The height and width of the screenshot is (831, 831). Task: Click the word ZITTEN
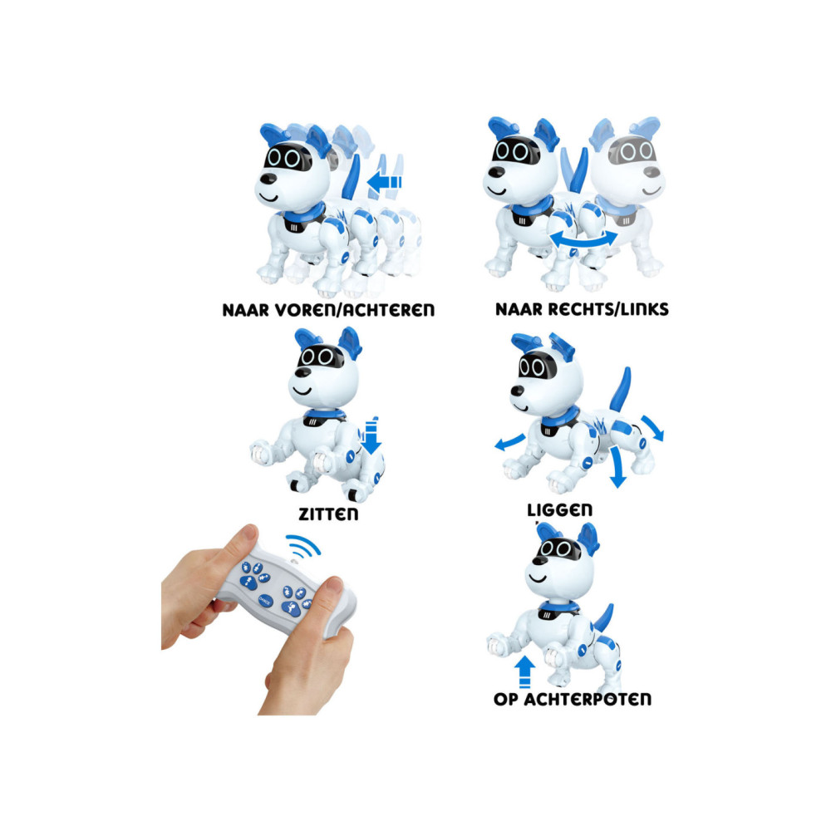click(328, 514)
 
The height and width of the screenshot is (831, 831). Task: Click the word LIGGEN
click(559, 510)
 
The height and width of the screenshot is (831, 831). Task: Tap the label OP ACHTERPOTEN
click(573, 699)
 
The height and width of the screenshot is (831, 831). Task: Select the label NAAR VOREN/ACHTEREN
click(328, 309)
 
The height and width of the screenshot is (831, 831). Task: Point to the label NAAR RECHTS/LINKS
click(582, 309)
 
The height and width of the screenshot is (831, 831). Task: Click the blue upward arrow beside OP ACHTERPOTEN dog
click(524, 671)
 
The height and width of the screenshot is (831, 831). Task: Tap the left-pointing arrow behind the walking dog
click(384, 182)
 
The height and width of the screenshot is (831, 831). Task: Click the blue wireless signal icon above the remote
click(303, 546)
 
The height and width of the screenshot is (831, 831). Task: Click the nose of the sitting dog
click(302, 372)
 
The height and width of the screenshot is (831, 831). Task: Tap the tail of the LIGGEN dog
click(621, 390)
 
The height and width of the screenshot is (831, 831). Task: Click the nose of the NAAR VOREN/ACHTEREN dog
click(268, 178)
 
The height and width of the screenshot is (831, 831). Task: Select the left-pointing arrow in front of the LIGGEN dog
click(510, 441)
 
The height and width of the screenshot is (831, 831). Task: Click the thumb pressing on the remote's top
click(240, 543)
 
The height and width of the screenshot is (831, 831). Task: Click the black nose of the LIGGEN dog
click(517, 391)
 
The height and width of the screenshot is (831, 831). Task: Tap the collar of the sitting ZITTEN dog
click(324, 416)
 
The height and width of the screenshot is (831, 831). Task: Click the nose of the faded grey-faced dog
click(652, 172)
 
